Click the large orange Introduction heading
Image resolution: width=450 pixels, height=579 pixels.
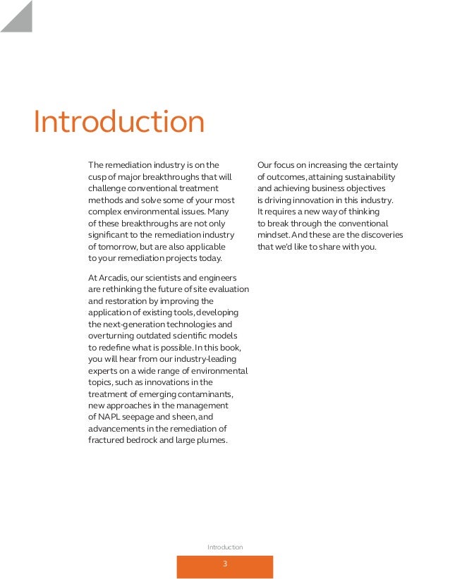119,122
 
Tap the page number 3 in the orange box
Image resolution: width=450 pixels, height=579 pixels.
224,564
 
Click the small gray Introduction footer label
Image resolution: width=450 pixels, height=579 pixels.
225,547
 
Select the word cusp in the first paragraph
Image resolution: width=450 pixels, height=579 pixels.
97,177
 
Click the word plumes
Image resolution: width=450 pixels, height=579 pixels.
211,441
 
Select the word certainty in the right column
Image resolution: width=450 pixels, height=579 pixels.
381,166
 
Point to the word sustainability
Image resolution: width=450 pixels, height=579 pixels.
368,177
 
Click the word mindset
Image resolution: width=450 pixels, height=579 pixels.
273,235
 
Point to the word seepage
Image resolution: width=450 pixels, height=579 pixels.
143,418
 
